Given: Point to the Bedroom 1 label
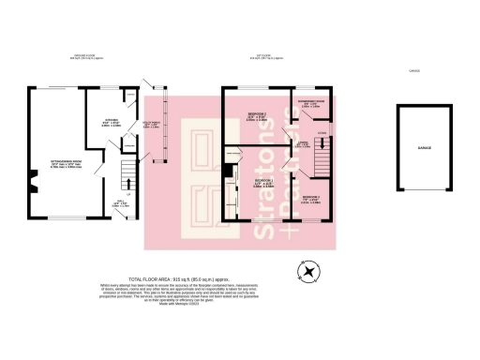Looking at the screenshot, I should [x=262, y=182].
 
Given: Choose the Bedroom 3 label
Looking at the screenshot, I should [x=313, y=197].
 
